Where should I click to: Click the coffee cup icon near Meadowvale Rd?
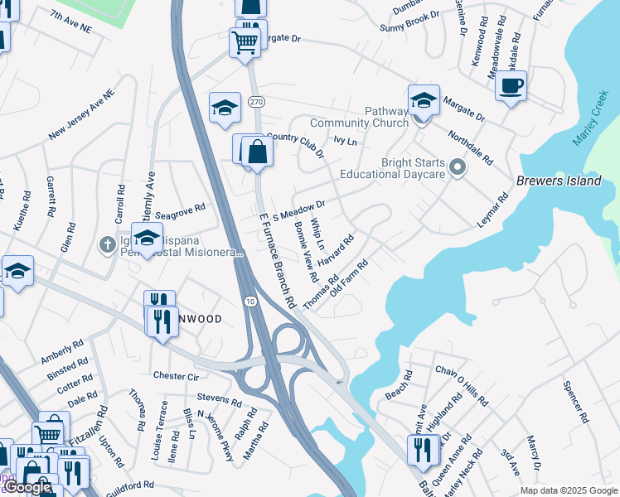[511, 84]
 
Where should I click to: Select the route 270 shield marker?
[256, 101]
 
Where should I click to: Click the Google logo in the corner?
[27, 487]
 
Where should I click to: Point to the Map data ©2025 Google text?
[568, 490]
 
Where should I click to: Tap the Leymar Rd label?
[492, 212]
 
